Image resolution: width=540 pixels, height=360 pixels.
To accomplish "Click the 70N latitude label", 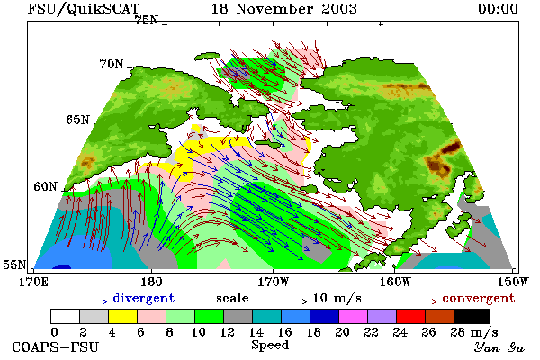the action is (112, 64).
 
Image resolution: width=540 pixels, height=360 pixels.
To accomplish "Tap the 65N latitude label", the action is (77, 120).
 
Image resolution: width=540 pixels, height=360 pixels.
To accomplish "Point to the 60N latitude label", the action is (45, 186).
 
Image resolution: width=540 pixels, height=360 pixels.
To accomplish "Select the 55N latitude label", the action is (14, 265).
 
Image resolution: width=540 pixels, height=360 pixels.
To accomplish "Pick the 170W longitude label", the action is (273, 282).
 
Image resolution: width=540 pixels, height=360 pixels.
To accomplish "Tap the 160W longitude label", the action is (395, 282).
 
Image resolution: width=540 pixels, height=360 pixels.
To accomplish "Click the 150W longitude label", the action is (513, 282).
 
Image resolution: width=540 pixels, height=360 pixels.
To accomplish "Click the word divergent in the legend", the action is (144, 298).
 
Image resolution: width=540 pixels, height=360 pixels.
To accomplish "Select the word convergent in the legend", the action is (479, 298).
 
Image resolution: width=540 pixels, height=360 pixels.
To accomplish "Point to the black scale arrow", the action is (281, 301).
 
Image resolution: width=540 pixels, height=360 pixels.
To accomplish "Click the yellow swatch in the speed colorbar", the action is (122, 316).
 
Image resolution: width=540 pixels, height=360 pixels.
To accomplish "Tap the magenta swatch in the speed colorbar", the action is (354, 316).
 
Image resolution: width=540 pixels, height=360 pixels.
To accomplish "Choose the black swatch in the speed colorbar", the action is (472, 316).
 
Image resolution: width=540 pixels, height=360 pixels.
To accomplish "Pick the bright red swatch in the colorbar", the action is (411, 316).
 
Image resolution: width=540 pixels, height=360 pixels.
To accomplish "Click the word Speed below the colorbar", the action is (270, 346).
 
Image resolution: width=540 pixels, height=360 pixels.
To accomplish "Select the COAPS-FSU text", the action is (56, 346).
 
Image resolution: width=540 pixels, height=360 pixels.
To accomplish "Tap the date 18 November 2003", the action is (283, 9).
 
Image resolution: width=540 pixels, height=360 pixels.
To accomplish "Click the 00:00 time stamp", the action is (498, 9).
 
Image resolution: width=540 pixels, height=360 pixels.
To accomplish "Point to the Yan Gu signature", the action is (499, 347).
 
